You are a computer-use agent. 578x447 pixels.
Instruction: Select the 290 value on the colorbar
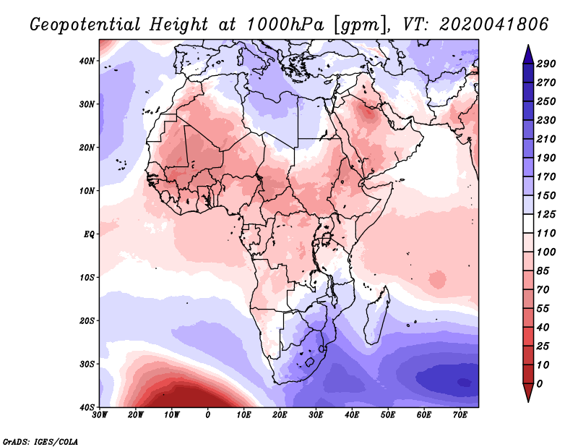(x=545, y=64)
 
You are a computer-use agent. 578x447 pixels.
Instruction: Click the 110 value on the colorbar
(x=545, y=233)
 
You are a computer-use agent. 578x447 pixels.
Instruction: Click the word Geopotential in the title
(x=82, y=25)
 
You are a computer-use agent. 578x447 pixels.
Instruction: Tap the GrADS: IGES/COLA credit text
(x=40, y=440)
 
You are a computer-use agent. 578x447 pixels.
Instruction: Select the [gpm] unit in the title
(x=358, y=25)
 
